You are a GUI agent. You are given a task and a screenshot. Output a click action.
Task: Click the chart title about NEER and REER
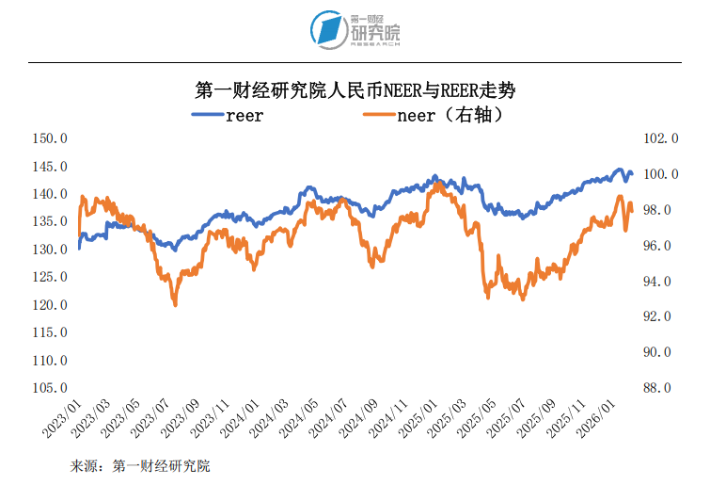pos(355,90)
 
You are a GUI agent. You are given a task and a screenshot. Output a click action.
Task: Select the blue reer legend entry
pos(229,116)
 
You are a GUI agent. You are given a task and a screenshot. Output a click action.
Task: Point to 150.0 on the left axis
pos(51,138)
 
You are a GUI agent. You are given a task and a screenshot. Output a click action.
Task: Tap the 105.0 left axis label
pos(51,388)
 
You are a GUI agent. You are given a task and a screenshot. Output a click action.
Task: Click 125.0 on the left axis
pos(51,277)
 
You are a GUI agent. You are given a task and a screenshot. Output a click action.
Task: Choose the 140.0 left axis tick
pos(51,194)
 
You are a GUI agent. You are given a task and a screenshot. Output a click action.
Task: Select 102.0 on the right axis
pos(659,138)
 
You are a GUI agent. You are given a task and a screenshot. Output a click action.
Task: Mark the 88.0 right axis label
pos(659,388)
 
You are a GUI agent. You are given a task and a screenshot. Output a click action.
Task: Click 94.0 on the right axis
pos(659,281)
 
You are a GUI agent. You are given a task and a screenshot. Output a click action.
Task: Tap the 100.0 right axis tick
pos(659,174)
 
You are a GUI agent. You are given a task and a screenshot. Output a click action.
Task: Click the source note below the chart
pos(140,466)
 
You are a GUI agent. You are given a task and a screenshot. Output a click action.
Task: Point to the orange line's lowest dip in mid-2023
pos(175,304)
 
